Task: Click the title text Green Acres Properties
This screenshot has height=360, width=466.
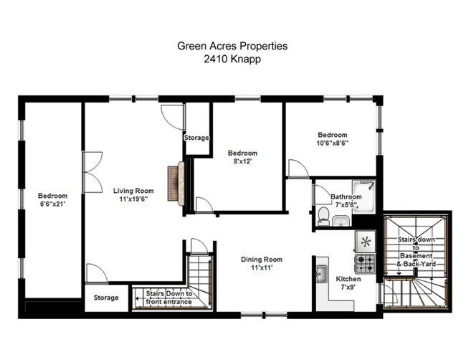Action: click(x=232, y=46)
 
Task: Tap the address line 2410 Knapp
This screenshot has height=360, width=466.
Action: click(x=232, y=60)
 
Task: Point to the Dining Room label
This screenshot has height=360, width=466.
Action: click(x=261, y=260)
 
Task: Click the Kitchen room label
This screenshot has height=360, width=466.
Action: click(x=348, y=279)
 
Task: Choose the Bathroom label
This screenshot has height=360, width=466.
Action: click(x=346, y=196)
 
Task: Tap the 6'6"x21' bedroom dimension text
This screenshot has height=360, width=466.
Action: click(x=52, y=204)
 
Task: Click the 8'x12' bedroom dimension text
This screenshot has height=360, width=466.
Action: click(x=242, y=161)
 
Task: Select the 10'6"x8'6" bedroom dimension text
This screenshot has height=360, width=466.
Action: click(x=333, y=143)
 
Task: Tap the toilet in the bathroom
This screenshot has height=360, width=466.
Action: click(x=323, y=219)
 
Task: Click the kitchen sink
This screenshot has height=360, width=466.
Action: click(x=321, y=274)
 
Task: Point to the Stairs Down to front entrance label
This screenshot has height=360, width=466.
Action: click(x=168, y=298)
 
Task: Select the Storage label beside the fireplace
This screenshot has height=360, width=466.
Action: click(x=196, y=138)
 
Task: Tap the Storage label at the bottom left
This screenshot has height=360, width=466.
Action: click(x=106, y=297)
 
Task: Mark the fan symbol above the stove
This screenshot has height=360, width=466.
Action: click(x=366, y=241)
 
